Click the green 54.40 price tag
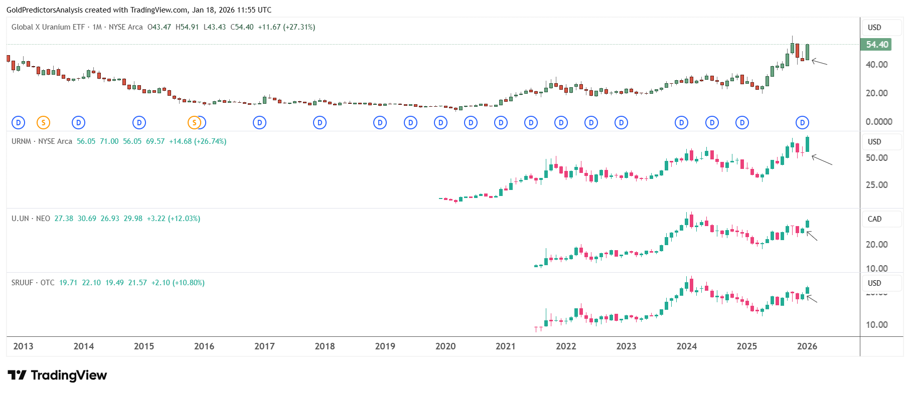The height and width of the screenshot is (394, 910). tap(877, 45)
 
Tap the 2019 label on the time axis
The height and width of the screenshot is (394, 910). tap(385, 346)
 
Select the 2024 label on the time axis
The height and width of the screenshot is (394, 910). tap(686, 346)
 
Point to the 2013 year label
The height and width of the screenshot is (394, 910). tap(23, 346)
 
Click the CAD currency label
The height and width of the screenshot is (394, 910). tap(874, 219)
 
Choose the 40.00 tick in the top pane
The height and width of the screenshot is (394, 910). tap(876, 65)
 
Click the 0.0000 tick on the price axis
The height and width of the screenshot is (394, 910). tap(879, 122)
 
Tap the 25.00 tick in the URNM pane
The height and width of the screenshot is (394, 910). tap(876, 185)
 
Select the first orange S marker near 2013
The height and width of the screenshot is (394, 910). tap(44, 122)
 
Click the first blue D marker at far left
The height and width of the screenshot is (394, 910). tap(18, 122)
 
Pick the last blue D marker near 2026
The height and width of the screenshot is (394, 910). tap(802, 122)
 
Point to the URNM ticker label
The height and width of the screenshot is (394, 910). tap(21, 141)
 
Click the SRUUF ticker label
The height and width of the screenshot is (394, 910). tap(22, 283)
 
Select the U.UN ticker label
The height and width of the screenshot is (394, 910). tap(20, 219)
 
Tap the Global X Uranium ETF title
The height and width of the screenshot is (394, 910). tap(48, 27)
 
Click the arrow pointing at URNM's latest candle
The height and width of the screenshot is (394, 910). tap(822, 160)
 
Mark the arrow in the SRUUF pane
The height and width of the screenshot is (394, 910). tap(812, 299)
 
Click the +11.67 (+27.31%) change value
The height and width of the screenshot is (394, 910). tap(286, 27)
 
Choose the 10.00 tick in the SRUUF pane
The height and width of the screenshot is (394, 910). tap(876, 325)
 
